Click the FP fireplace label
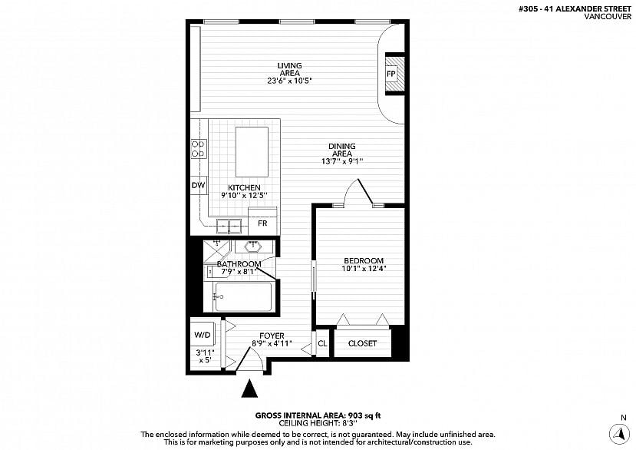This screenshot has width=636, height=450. (x=391, y=74)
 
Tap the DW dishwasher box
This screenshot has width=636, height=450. (x=199, y=186)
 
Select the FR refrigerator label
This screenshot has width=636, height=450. (x=262, y=223)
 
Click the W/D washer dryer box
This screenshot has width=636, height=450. (x=203, y=335)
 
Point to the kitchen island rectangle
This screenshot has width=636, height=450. (x=252, y=152)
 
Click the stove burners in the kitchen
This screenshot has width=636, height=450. (x=199, y=149)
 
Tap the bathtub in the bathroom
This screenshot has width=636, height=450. (x=243, y=297)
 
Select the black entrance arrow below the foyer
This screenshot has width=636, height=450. (x=249, y=389)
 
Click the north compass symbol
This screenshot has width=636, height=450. (x=619, y=434)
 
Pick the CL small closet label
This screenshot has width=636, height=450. (x=322, y=343)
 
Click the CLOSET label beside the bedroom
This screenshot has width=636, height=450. (x=362, y=343)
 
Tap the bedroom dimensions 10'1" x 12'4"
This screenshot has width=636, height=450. (x=364, y=268)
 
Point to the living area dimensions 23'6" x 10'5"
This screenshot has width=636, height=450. (x=289, y=81)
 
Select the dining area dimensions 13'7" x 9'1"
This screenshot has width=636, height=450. (x=342, y=161)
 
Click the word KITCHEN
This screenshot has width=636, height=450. (x=244, y=187)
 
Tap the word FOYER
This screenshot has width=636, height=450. (x=272, y=336)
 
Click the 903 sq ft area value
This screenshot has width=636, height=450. (x=364, y=415)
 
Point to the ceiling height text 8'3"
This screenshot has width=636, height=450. (x=350, y=423)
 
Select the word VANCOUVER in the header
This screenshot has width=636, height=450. (x=608, y=16)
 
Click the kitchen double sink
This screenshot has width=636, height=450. (x=229, y=226)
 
